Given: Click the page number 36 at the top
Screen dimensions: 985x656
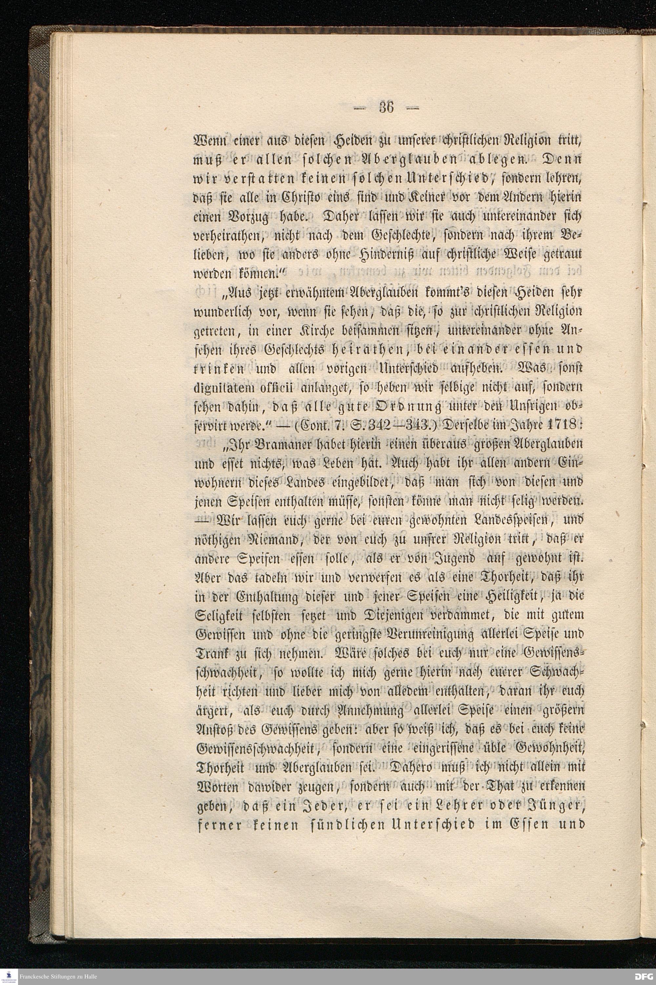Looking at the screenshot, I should (x=386, y=108).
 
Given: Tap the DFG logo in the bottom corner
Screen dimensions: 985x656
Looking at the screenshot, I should (x=644, y=976).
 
